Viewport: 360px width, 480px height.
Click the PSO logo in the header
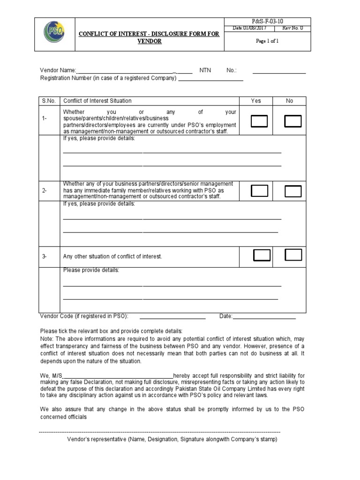(x=54, y=34)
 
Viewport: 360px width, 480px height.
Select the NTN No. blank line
(x=279, y=72)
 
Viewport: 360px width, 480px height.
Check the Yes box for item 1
(x=259, y=121)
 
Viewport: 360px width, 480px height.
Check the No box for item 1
(x=293, y=121)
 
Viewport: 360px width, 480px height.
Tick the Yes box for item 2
(x=260, y=191)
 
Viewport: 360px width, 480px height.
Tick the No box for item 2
(x=293, y=191)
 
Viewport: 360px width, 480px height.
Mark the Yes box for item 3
(x=262, y=255)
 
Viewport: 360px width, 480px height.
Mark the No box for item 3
(x=293, y=255)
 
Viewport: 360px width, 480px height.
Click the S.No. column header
(x=49, y=101)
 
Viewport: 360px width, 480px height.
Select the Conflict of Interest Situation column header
(x=97, y=101)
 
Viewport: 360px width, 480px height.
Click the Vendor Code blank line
(x=172, y=318)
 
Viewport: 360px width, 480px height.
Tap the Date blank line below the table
(x=264, y=318)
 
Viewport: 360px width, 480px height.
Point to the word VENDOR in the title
(x=149, y=41)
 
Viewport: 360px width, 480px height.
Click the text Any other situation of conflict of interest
(x=112, y=256)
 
